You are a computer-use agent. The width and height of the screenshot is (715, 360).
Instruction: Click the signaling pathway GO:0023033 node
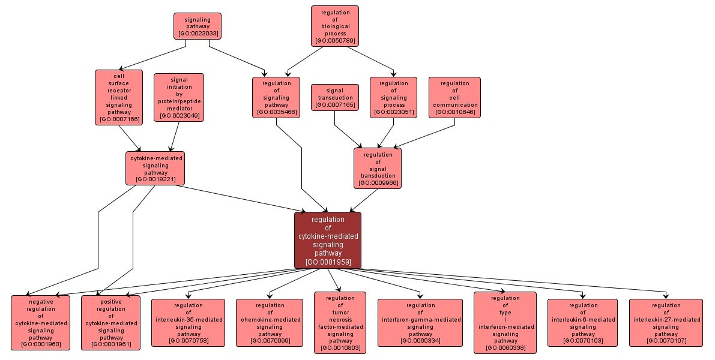(x=198, y=26)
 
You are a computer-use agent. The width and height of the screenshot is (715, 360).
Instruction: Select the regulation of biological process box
(x=335, y=26)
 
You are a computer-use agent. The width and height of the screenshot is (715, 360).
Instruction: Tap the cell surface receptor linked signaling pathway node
(x=119, y=97)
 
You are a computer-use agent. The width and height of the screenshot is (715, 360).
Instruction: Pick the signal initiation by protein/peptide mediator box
(x=179, y=97)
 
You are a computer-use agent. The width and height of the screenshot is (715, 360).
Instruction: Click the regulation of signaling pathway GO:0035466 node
(x=276, y=97)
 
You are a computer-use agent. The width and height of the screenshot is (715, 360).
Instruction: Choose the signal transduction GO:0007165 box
(x=335, y=97)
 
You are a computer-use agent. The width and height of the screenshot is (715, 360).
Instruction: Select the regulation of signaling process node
(x=394, y=97)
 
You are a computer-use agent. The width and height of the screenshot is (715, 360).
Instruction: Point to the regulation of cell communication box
(x=454, y=97)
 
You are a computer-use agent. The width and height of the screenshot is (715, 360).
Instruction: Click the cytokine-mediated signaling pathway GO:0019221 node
(x=155, y=168)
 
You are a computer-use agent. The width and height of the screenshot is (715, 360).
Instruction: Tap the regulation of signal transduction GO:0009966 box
(x=378, y=168)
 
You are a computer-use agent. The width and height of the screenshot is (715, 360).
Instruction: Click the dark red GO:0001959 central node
(x=328, y=240)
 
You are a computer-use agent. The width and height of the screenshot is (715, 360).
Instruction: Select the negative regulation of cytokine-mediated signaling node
(x=41, y=323)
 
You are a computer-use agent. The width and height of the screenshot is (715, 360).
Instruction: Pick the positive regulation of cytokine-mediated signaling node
(x=111, y=323)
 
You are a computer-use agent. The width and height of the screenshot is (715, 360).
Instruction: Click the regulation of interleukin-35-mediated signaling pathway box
(x=189, y=323)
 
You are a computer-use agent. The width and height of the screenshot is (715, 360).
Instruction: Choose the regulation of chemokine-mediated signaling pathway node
(x=270, y=323)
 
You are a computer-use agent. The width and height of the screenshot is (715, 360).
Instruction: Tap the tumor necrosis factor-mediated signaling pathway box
(x=340, y=323)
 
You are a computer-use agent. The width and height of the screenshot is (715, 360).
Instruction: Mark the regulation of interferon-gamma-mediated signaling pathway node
(x=420, y=323)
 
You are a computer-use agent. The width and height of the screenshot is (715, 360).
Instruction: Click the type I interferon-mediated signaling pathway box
(x=505, y=323)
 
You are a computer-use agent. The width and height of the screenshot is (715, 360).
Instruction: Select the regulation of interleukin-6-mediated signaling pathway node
(x=583, y=323)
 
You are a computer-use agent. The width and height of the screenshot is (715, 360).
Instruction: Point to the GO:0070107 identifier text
(x=666, y=341)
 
